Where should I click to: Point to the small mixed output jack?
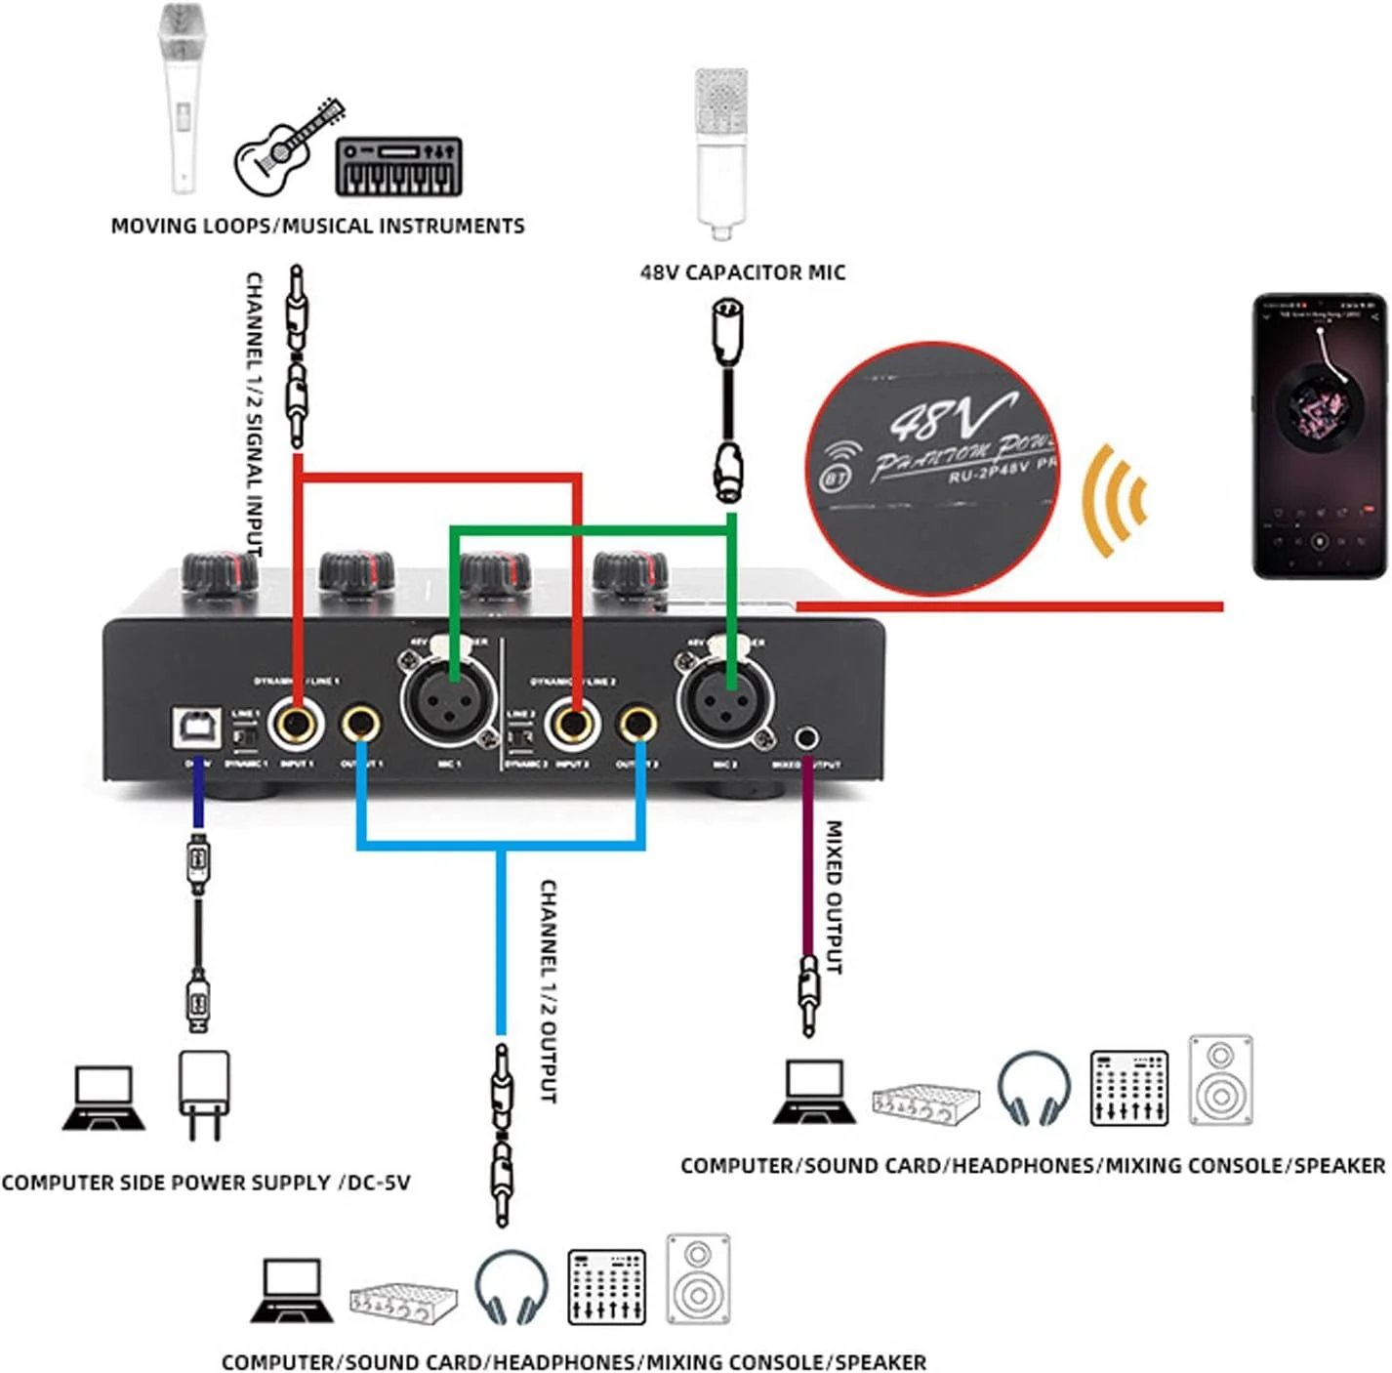807,737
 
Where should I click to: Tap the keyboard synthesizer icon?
398,167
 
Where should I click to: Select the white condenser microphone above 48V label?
721,151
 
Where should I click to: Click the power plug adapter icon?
204,1094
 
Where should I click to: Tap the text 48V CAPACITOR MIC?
742,272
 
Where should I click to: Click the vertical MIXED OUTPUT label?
835,895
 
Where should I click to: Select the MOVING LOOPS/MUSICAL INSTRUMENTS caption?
317,227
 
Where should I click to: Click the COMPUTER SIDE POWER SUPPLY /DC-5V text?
206,1183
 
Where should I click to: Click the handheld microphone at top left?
183,98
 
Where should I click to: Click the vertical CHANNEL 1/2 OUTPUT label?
549,991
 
